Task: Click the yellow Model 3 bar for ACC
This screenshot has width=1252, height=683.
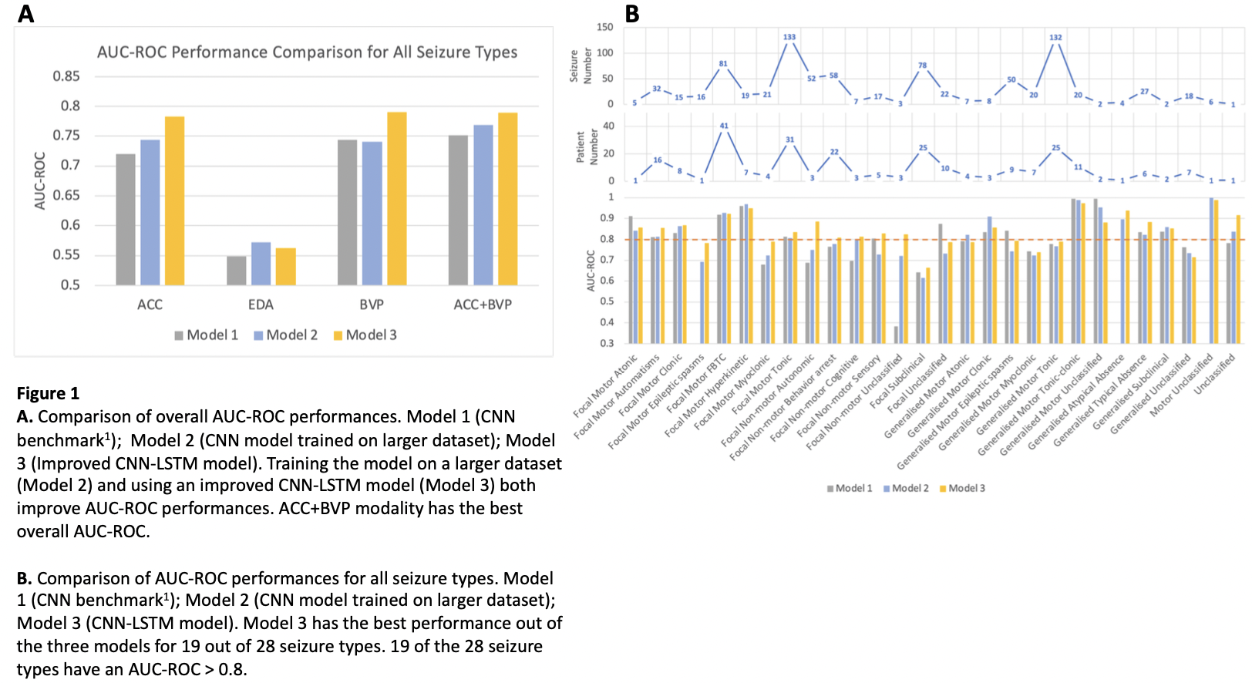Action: (x=174, y=200)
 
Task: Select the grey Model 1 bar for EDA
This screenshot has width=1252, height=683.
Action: (x=236, y=271)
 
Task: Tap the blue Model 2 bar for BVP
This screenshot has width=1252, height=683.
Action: (x=372, y=213)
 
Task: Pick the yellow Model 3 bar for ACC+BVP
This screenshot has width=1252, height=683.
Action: (x=507, y=199)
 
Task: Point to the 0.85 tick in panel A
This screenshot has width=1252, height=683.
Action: (x=66, y=76)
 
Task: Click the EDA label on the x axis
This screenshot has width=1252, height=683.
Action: (x=261, y=304)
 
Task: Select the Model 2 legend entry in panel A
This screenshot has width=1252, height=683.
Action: (x=286, y=335)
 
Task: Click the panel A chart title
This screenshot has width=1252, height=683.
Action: (x=307, y=52)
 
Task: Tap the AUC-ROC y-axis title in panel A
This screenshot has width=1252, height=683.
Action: (x=40, y=181)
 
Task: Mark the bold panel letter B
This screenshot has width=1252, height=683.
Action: (x=632, y=14)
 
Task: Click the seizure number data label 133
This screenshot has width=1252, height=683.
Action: (x=789, y=37)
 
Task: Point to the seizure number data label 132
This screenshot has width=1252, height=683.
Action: (x=1055, y=37)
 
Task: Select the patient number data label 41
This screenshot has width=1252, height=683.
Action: (x=724, y=126)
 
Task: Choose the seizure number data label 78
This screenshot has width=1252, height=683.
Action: (x=923, y=66)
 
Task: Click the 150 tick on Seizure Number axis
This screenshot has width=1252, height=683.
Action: (x=605, y=27)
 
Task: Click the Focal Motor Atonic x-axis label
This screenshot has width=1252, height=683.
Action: (x=606, y=385)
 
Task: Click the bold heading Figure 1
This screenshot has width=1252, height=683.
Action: (x=48, y=394)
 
